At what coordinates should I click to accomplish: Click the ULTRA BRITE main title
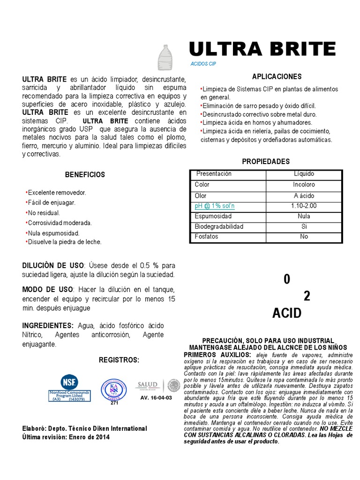coord(262,49)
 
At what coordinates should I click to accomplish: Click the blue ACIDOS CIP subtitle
coord(203,63)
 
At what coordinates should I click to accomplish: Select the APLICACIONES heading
coord(277,76)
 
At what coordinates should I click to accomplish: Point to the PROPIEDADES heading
coord(266,161)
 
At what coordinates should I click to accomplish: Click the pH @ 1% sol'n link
coord(215,206)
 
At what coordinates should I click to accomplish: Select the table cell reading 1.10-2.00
coord(304,206)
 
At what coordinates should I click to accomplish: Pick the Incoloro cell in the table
coord(304,185)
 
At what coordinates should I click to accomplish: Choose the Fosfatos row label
coord(206,237)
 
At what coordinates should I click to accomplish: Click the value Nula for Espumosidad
coord(304,216)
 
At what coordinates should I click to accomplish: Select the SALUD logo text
coord(147,385)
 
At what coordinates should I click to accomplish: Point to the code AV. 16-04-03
coord(156,397)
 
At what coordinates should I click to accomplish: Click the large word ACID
coord(287,314)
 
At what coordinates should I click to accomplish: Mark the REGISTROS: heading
coord(119,360)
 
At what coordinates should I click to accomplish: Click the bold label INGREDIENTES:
coord(48,325)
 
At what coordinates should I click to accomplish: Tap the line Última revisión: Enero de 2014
coord(66,437)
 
